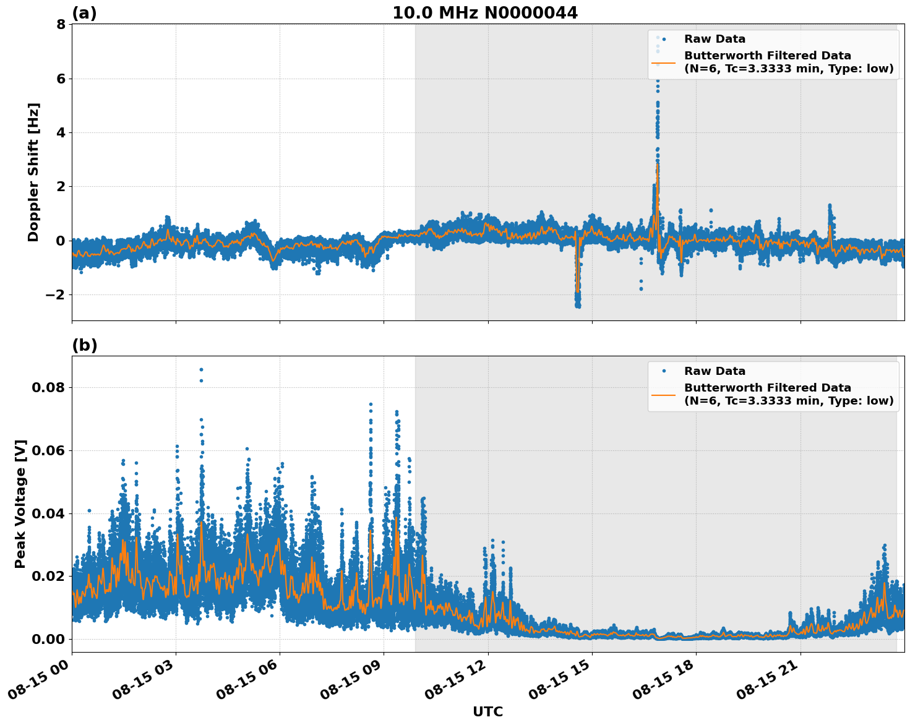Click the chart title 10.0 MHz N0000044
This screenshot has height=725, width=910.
[x=485, y=13]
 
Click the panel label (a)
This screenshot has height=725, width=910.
[x=84, y=13]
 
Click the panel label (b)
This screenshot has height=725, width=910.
[x=84, y=345]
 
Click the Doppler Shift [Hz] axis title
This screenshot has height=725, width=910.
[x=33, y=172]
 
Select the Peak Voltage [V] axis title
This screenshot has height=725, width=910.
[x=20, y=504]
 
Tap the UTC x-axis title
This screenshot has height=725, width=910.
[x=487, y=711]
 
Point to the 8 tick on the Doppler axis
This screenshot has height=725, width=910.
[x=61, y=25]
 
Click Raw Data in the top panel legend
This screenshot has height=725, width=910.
[x=715, y=39]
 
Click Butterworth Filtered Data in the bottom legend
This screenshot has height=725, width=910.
[x=767, y=388]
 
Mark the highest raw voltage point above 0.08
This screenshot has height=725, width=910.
[x=201, y=369]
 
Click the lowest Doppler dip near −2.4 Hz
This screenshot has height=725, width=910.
[x=578, y=306]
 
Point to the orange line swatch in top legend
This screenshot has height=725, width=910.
[x=663, y=62]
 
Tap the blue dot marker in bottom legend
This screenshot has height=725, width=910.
[x=663, y=371]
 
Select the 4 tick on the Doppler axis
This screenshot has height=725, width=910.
[x=61, y=132]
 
